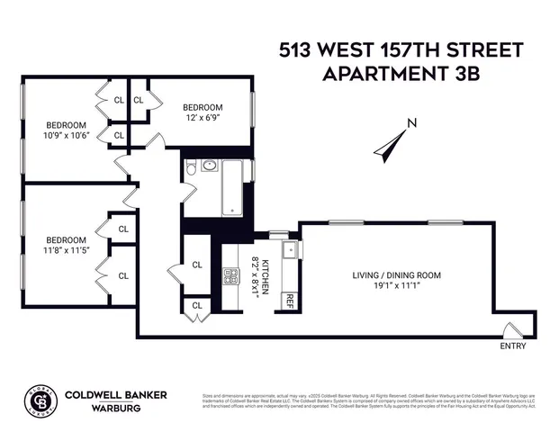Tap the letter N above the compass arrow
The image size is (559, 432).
[411, 124]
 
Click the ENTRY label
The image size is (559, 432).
[514, 346]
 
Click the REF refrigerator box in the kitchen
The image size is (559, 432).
[290, 301]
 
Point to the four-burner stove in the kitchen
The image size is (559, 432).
[231, 276]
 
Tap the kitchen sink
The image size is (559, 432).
[291, 249]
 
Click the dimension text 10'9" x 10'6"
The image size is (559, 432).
[66, 136]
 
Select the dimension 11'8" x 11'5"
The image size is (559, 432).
[66, 251]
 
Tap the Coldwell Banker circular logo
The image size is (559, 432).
[37, 400]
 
